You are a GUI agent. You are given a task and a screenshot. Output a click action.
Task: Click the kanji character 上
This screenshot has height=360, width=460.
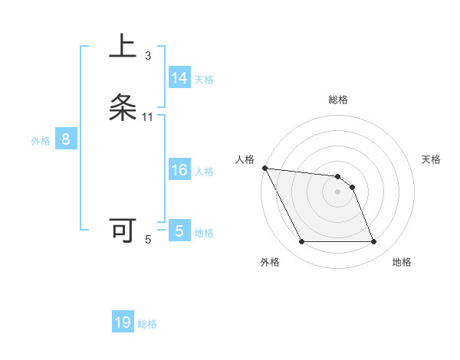click(x=123, y=47)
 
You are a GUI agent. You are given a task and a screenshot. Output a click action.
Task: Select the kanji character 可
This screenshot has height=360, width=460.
click(x=123, y=231)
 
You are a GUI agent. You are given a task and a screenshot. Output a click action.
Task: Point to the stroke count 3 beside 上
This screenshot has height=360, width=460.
click(x=148, y=55)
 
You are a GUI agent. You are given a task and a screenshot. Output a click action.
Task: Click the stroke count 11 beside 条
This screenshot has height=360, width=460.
click(x=148, y=116)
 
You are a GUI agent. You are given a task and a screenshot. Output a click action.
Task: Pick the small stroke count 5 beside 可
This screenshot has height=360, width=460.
click(x=148, y=240)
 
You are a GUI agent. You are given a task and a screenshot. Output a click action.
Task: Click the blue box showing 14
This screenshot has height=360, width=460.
click(x=179, y=78)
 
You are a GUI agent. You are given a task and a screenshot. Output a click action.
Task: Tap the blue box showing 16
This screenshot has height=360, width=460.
click(x=179, y=170)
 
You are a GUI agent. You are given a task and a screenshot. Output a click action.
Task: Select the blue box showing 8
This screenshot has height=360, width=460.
click(x=66, y=140)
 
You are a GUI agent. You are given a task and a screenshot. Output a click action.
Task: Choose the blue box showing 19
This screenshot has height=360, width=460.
click(x=123, y=322)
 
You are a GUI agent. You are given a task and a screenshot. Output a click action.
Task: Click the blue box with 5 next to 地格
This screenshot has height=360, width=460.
click(x=179, y=231)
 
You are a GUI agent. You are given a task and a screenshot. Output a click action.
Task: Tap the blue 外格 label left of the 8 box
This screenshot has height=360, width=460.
click(x=41, y=141)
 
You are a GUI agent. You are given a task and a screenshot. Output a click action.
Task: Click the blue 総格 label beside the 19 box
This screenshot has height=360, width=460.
click(x=147, y=324)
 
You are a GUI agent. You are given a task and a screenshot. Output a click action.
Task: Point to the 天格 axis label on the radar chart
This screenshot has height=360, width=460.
click(x=431, y=159)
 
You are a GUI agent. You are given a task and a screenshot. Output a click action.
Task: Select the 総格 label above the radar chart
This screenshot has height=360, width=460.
click(x=338, y=100)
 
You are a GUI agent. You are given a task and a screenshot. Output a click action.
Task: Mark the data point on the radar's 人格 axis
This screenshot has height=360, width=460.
click(x=264, y=168)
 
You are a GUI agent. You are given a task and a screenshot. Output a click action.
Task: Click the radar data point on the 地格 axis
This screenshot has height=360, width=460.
click(x=373, y=242)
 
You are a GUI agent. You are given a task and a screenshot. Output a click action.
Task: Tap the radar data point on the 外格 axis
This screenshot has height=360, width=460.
click(x=301, y=242)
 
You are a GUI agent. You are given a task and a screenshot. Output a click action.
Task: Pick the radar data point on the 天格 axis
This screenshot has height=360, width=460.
click(x=353, y=187)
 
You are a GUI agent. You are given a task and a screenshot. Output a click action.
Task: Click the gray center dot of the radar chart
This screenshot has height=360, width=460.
click(x=338, y=191)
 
